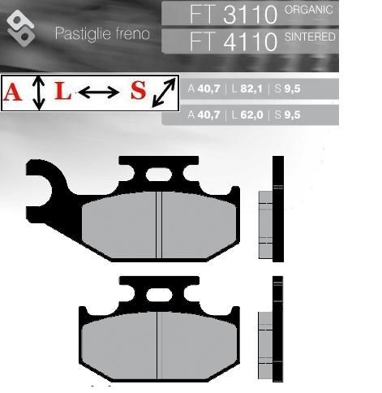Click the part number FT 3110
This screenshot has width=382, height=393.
click(x=234, y=15)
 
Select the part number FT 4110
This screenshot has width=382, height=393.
click(x=234, y=41)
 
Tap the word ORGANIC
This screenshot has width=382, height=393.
click(x=309, y=10)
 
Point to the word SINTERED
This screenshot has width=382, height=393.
click(x=310, y=37)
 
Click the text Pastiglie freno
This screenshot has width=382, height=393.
click(x=102, y=33)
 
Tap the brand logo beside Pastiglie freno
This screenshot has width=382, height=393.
click(x=21, y=28)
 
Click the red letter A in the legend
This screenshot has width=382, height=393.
click(x=12, y=92)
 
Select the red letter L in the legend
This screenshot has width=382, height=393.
click(x=62, y=91)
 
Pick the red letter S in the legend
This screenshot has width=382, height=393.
click(x=139, y=90)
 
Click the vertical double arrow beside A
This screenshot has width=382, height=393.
click(x=39, y=93)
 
